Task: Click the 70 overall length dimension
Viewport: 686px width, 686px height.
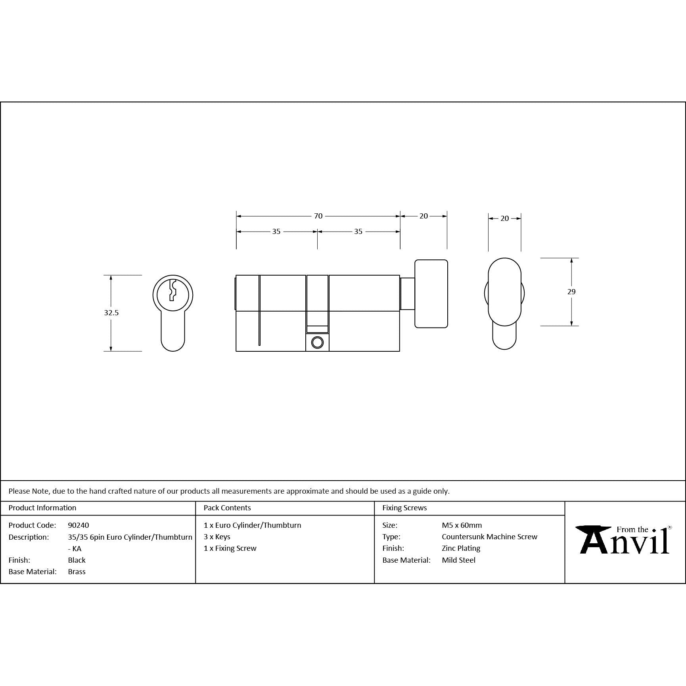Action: coord(318,216)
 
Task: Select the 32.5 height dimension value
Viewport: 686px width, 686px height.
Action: coord(111,313)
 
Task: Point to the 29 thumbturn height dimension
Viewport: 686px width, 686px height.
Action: coord(571,292)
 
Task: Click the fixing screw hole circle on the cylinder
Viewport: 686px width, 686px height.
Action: coord(317,343)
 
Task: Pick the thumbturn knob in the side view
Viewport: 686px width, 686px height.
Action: coord(431,294)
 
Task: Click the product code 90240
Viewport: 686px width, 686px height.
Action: coord(79,525)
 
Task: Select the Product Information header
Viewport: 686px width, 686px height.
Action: coord(42,508)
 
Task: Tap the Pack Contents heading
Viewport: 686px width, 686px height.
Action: coord(227,508)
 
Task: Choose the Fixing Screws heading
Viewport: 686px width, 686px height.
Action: coord(404,508)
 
